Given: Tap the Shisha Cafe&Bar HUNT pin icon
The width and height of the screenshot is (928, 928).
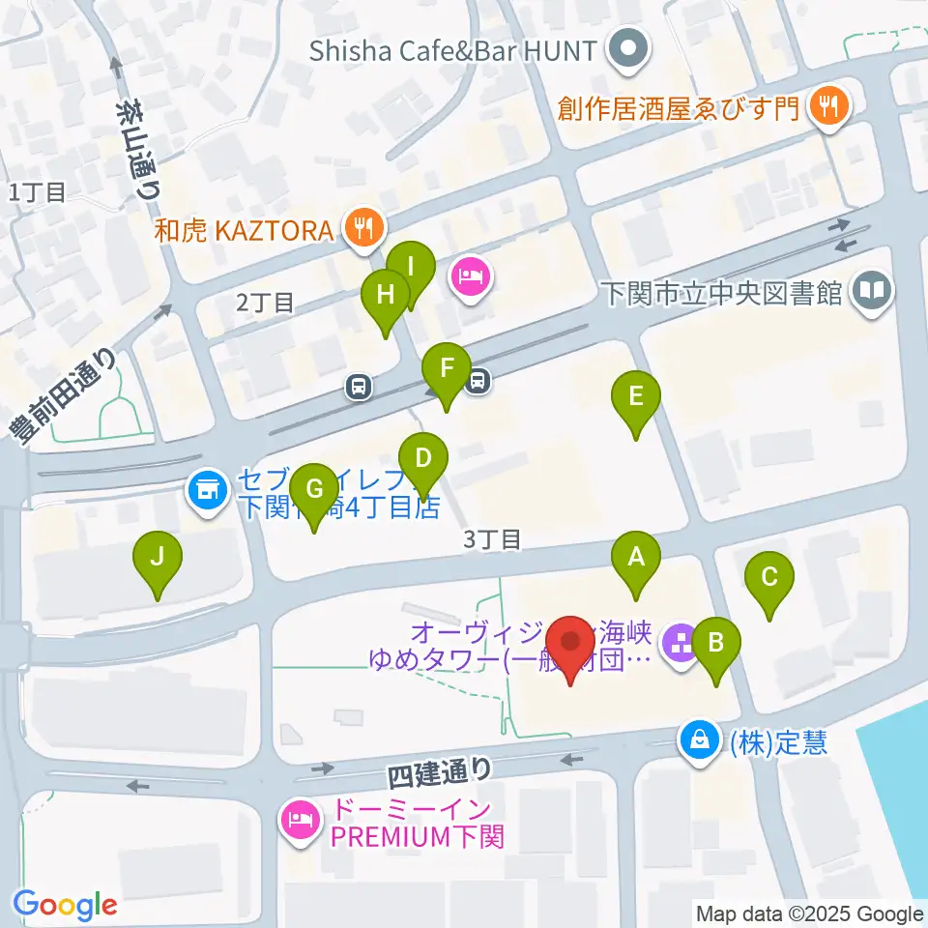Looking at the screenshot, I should pos(629,48).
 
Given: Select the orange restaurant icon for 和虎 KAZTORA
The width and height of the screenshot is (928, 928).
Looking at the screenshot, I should pos(364,229).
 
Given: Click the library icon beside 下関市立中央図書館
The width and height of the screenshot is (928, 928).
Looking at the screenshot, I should pos(873,291).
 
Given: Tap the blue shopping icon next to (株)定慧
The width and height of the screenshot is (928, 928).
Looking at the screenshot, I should pos(698,741).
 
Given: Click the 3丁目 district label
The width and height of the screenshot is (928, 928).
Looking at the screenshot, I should pos(492,540).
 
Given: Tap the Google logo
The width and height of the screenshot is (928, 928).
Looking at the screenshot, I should pos(66,905).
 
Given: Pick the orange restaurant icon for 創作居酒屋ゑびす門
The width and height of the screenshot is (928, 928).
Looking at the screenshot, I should pos(827,105).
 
